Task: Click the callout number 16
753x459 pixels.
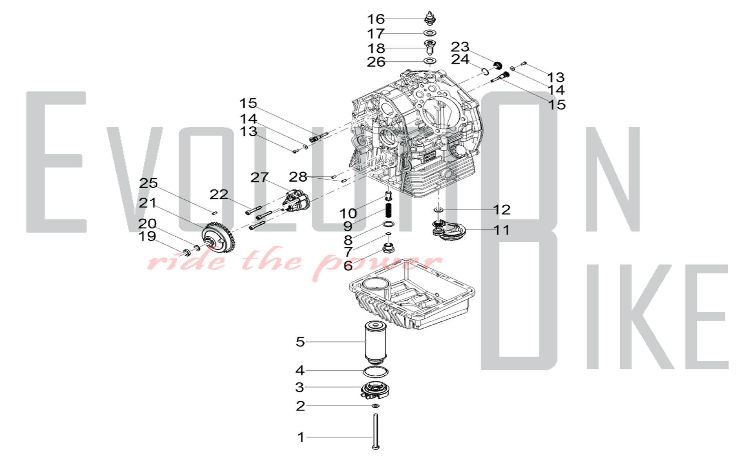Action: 376,19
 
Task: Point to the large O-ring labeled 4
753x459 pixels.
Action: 376,372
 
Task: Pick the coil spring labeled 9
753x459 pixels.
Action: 388,211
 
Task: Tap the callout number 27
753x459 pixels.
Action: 260,177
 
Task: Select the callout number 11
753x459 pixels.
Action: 501,230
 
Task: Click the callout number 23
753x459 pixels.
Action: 460,47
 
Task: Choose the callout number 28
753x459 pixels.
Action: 298,176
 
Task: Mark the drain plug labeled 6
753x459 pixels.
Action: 388,248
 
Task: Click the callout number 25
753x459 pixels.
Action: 148,183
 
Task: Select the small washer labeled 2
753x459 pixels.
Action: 375,406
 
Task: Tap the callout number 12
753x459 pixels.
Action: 501,210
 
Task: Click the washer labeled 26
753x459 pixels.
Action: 430,61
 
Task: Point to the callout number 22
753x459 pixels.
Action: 219,195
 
